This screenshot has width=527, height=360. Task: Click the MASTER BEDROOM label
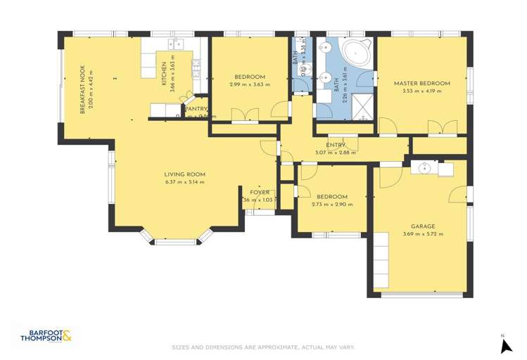pyautogui.click(x=421, y=83)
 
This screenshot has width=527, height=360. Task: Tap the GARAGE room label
pyautogui.click(x=423, y=226)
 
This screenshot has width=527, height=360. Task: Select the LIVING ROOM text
pyautogui.click(x=184, y=174)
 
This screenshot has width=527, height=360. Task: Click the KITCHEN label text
pyautogui.click(x=165, y=74)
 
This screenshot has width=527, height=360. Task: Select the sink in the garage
pyautogui.click(x=424, y=169)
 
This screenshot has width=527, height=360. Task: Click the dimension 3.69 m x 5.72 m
pyautogui.click(x=423, y=234)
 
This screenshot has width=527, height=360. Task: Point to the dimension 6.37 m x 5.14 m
pyautogui.click(x=184, y=182)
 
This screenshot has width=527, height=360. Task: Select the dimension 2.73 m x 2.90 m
pyautogui.click(x=331, y=205)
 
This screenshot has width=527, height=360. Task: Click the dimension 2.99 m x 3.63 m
pyautogui.click(x=250, y=84)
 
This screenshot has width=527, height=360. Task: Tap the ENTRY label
pyautogui.click(x=336, y=145)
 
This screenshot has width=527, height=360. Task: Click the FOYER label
pyautogui.click(x=260, y=192)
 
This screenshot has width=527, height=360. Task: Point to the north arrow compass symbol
pyautogui.click(x=504, y=345)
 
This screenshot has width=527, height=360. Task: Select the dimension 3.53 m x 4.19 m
pyautogui.click(x=421, y=91)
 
